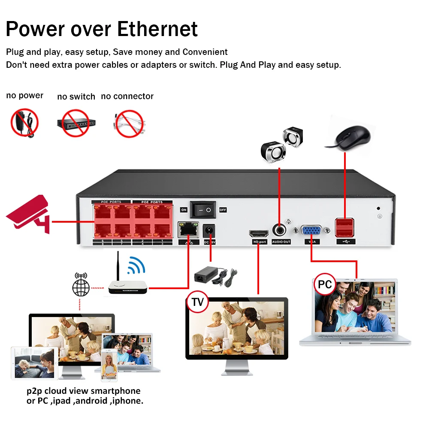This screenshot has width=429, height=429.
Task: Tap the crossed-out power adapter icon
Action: coord(25,122)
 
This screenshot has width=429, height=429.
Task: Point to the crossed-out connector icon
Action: coord(128,124)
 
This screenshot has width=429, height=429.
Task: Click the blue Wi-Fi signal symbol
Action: coord(136,266)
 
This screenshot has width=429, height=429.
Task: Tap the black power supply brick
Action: coord(211,275)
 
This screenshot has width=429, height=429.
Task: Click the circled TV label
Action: coord(197,302)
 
